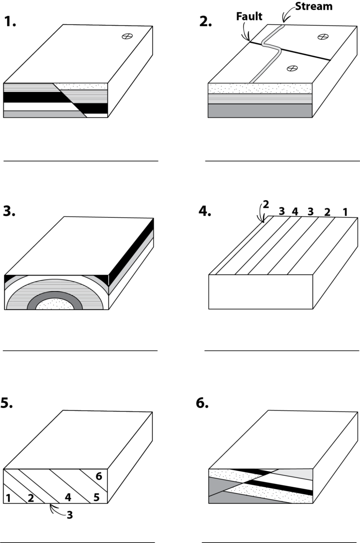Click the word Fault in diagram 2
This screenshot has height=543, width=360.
(249, 16)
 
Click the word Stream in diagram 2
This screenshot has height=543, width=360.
(314, 6)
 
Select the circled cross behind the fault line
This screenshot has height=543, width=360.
(322, 37)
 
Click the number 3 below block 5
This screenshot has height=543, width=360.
(70, 515)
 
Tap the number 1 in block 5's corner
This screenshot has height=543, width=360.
(8, 498)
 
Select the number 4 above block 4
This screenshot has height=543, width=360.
(295, 211)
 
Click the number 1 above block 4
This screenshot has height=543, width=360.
(345, 211)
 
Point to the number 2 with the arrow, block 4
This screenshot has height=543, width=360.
(265, 204)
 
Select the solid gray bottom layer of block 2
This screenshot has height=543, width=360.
(260, 111)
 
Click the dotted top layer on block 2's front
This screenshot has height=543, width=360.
(260, 88)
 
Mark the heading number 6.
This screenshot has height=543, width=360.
(202, 404)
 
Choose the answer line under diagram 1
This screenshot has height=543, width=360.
(81, 161)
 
